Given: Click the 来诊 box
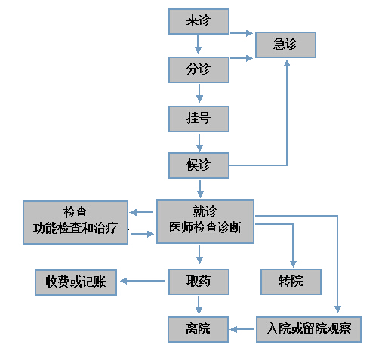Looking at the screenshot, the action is click(x=199, y=21).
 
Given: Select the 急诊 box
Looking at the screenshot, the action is click(x=285, y=45).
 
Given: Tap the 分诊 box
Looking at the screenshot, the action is click(x=199, y=69).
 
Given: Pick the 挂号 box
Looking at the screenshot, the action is click(x=199, y=118).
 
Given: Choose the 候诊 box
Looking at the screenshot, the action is click(x=199, y=165).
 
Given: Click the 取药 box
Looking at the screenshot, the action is click(x=199, y=282).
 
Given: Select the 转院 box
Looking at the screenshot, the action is click(x=291, y=282).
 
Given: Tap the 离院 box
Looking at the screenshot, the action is click(x=199, y=329).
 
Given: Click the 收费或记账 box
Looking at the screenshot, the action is click(x=75, y=282).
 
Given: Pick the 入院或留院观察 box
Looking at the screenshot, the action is click(x=309, y=329).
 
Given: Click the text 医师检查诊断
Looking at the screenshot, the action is click(x=205, y=228).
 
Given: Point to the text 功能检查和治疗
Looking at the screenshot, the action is click(x=75, y=229).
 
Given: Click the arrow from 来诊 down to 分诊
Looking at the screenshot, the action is click(x=198, y=45).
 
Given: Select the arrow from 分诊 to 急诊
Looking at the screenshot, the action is click(x=242, y=58).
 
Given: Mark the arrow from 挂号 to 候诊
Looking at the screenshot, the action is click(x=199, y=143).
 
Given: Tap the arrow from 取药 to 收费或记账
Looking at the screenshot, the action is click(x=143, y=281).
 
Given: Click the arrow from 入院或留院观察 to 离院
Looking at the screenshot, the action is click(x=242, y=329).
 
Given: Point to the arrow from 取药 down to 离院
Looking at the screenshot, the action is click(x=199, y=305).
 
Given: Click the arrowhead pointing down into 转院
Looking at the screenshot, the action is click(x=293, y=264).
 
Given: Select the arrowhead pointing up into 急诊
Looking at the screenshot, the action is click(x=287, y=63).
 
